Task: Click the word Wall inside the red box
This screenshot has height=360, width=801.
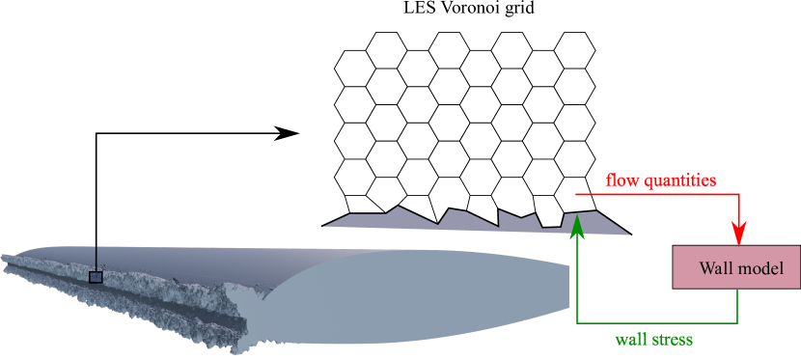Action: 716,266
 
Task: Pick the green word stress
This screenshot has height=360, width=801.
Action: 673,340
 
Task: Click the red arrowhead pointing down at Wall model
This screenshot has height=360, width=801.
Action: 738,234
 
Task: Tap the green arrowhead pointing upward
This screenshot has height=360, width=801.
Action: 577,225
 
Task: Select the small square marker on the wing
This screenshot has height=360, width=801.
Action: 96,277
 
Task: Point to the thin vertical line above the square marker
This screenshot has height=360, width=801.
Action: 96,259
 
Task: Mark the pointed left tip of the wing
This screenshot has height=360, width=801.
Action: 4,258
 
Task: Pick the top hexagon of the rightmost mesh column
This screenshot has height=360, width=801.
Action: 574,51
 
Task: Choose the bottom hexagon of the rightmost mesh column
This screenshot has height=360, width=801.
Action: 574,156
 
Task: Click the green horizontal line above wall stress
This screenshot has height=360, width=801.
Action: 656,322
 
